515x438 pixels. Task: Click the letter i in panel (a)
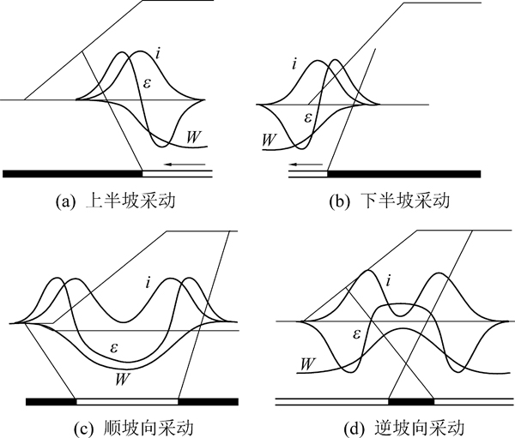158,53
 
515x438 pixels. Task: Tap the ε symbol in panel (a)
147,83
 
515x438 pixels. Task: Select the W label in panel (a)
193,137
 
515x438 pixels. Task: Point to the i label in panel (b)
294,63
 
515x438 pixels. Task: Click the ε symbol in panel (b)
308,117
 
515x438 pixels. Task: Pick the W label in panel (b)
269,140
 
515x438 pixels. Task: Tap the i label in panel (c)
148,283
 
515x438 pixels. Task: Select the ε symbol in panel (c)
113,348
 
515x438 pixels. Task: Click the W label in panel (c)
121,380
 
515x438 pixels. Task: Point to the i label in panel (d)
389,281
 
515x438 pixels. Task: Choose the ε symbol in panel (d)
356,334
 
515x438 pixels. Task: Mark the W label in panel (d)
308,363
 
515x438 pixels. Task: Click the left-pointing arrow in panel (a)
185,164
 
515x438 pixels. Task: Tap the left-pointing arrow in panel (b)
306,164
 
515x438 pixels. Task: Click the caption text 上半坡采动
130,201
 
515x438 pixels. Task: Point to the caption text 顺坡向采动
148,429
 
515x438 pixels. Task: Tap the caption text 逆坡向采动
420,429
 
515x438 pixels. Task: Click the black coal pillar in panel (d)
411,402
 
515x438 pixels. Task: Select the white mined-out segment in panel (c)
127,402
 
